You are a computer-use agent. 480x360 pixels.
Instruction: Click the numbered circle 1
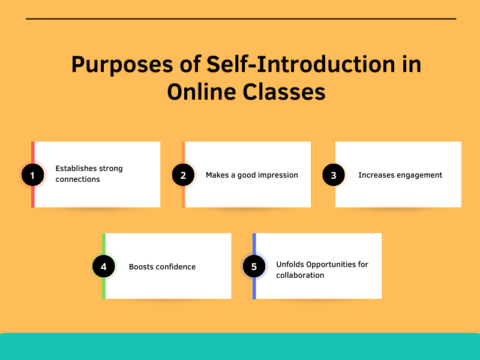pos(33,175)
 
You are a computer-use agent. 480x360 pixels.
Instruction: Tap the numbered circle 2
pos(182,175)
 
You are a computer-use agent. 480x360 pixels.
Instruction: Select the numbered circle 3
pos(334,175)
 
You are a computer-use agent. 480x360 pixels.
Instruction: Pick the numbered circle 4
pos(104,266)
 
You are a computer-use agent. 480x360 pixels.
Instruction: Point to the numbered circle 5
pos(254,266)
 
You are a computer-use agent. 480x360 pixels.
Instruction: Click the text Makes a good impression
pos(252,175)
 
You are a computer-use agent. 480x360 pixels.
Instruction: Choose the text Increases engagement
pos(400,175)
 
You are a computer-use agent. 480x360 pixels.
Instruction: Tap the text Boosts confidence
pos(162,267)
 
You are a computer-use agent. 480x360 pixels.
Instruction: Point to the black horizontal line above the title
pos(240,19)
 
